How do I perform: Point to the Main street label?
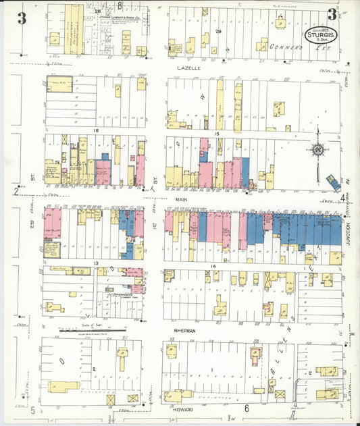pos(181,200)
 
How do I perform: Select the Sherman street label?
pos(185,331)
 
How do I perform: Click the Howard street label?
pos(183,410)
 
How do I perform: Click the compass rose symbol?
pos(317,149)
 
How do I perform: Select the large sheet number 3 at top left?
pos(22,18)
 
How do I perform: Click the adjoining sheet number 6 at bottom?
pos(247,408)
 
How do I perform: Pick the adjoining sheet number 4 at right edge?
pos(344,197)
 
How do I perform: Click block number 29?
pos(218,32)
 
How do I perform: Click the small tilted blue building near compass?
pos(333,182)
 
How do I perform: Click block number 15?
pos(217,134)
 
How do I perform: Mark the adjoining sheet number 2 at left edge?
pos(16,191)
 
